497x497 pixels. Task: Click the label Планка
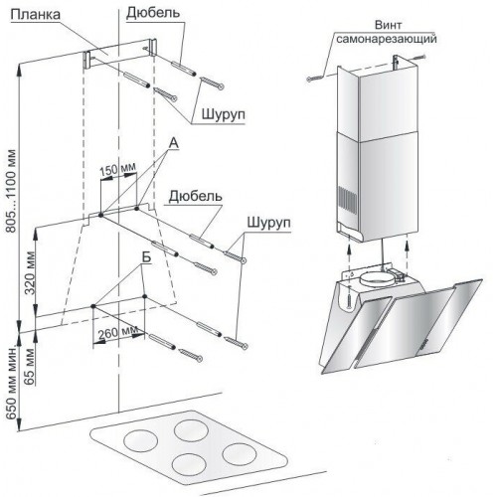click(x=36, y=15)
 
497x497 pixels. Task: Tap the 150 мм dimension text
click(x=117, y=169)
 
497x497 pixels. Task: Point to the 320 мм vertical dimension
click(x=31, y=273)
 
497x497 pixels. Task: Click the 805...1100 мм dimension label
click(x=11, y=191)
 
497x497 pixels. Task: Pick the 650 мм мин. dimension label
click(x=12, y=382)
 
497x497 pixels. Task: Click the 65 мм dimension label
click(x=30, y=367)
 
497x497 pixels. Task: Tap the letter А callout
click(x=173, y=143)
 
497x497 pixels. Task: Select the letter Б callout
click(x=146, y=257)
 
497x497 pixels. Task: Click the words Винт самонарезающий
click(x=387, y=32)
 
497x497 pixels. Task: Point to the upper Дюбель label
click(x=153, y=13)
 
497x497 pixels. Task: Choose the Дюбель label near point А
click(x=195, y=196)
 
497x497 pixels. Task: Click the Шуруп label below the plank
click(x=224, y=114)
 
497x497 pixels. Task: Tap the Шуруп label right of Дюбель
click(x=268, y=223)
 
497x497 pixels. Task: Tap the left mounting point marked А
click(x=100, y=215)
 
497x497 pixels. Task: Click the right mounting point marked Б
click(x=144, y=296)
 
